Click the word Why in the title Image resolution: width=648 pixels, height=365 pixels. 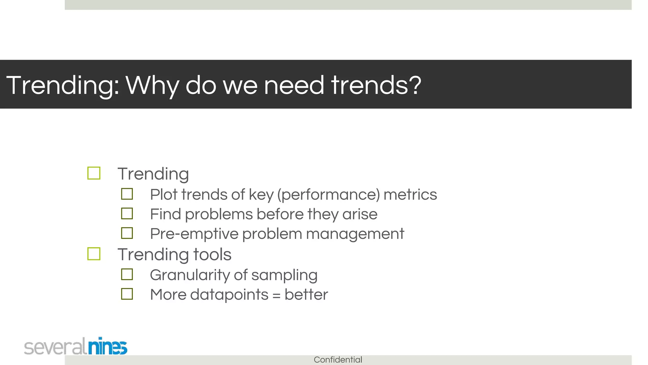click(152, 85)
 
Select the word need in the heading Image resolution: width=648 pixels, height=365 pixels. click(294, 85)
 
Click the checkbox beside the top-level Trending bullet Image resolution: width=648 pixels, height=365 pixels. click(94, 173)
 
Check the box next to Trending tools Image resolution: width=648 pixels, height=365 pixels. click(94, 254)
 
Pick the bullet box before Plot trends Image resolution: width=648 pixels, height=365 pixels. click(127, 194)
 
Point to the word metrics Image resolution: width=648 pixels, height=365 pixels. click(410, 195)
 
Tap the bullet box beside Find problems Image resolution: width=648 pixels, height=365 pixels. click(127, 214)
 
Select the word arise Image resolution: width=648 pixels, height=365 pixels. click(360, 214)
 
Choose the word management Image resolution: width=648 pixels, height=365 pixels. click(355, 234)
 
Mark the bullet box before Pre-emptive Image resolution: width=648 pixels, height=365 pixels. click(127, 233)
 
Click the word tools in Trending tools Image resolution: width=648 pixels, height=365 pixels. click(212, 254)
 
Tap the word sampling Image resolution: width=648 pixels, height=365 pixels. click(284, 275)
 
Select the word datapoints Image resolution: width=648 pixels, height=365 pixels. click(229, 295)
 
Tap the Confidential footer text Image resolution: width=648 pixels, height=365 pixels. click(338, 360)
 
